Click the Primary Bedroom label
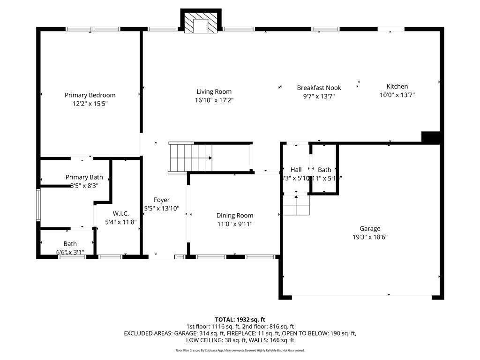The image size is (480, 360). pyautogui.click(x=90, y=95)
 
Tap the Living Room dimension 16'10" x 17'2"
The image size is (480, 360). pyautogui.click(x=214, y=100)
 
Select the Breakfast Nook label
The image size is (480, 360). pyautogui.click(x=319, y=88)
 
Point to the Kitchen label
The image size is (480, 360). pyautogui.click(x=397, y=86)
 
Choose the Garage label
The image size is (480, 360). pyautogui.click(x=370, y=229)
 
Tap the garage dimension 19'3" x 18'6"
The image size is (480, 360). pyautogui.click(x=370, y=237)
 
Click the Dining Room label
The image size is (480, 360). pyautogui.click(x=235, y=216)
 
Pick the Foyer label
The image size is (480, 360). pyautogui.click(x=162, y=200)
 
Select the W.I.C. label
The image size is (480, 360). pyautogui.click(x=120, y=214)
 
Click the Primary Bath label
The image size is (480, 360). pyautogui.click(x=84, y=177)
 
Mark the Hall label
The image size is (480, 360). pyautogui.click(x=296, y=170)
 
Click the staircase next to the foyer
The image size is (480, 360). pyautogui.click(x=191, y=158)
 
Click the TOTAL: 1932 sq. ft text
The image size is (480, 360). pyautogui.click(x=240, y=320)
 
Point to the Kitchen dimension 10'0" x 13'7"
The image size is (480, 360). pyautogui.click(x=397, y=95)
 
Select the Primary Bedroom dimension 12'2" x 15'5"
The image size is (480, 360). pyautogui.click(x=90, y=104)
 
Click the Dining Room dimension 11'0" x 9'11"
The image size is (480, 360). pyautogui.click(x=235, y=224)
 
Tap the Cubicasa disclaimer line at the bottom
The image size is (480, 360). pyautogui.click(x=240, y=350)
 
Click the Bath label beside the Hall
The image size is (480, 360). pyautogui.click(x=324, y=170)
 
